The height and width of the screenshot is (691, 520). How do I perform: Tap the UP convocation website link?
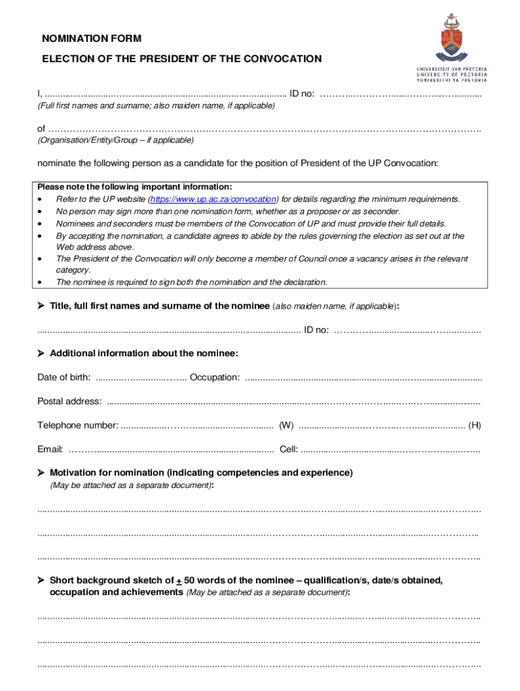[213, 199]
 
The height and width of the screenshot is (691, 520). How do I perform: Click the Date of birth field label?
[63, 377]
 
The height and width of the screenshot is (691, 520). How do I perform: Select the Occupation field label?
[214, 377]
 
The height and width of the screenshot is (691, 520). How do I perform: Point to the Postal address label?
[70, 402]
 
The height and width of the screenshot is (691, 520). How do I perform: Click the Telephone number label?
[78, 425]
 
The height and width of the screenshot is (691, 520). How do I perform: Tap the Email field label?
[50, 449]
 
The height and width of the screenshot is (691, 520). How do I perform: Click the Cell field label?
[288, 449]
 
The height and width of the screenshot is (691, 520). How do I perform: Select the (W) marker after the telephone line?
[286, 425]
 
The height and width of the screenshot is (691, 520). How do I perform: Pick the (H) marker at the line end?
[475, 425]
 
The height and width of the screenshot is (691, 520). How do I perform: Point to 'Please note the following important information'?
[134, 187]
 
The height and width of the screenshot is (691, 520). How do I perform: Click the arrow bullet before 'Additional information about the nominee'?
[41, 354]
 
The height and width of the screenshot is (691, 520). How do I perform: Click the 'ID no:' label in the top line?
[301, 94]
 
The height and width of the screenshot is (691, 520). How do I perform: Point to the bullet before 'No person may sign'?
[42, 211]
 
